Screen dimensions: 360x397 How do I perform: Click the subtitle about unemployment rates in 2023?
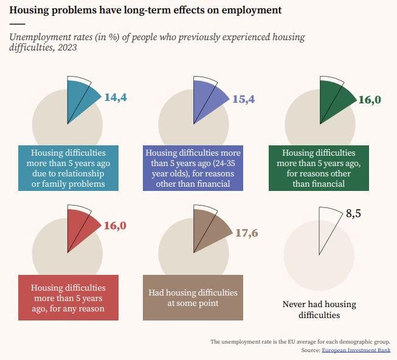[x=157, y=42]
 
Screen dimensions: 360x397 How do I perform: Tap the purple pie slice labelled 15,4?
[x=210, y=99]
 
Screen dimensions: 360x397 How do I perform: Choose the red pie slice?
[x=81, y=226]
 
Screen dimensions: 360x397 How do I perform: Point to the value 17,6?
[x=246, y=232]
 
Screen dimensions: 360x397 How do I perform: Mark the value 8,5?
[x=353, y=213]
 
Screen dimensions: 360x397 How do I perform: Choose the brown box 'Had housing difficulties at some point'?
[x=193, y=297]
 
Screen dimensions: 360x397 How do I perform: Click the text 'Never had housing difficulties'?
[x=319, y=310]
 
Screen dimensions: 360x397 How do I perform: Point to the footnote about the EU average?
[x=300, y=342]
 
